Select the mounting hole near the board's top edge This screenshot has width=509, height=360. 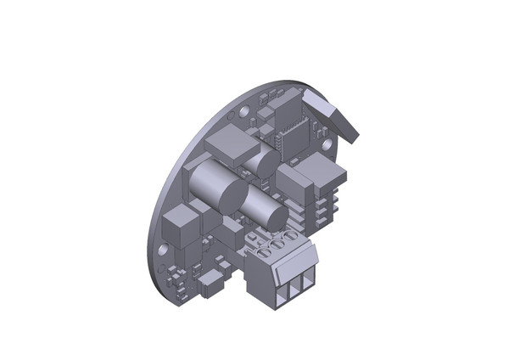(x=244, y=110)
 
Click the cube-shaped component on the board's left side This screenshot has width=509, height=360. (x=182, y=224)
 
